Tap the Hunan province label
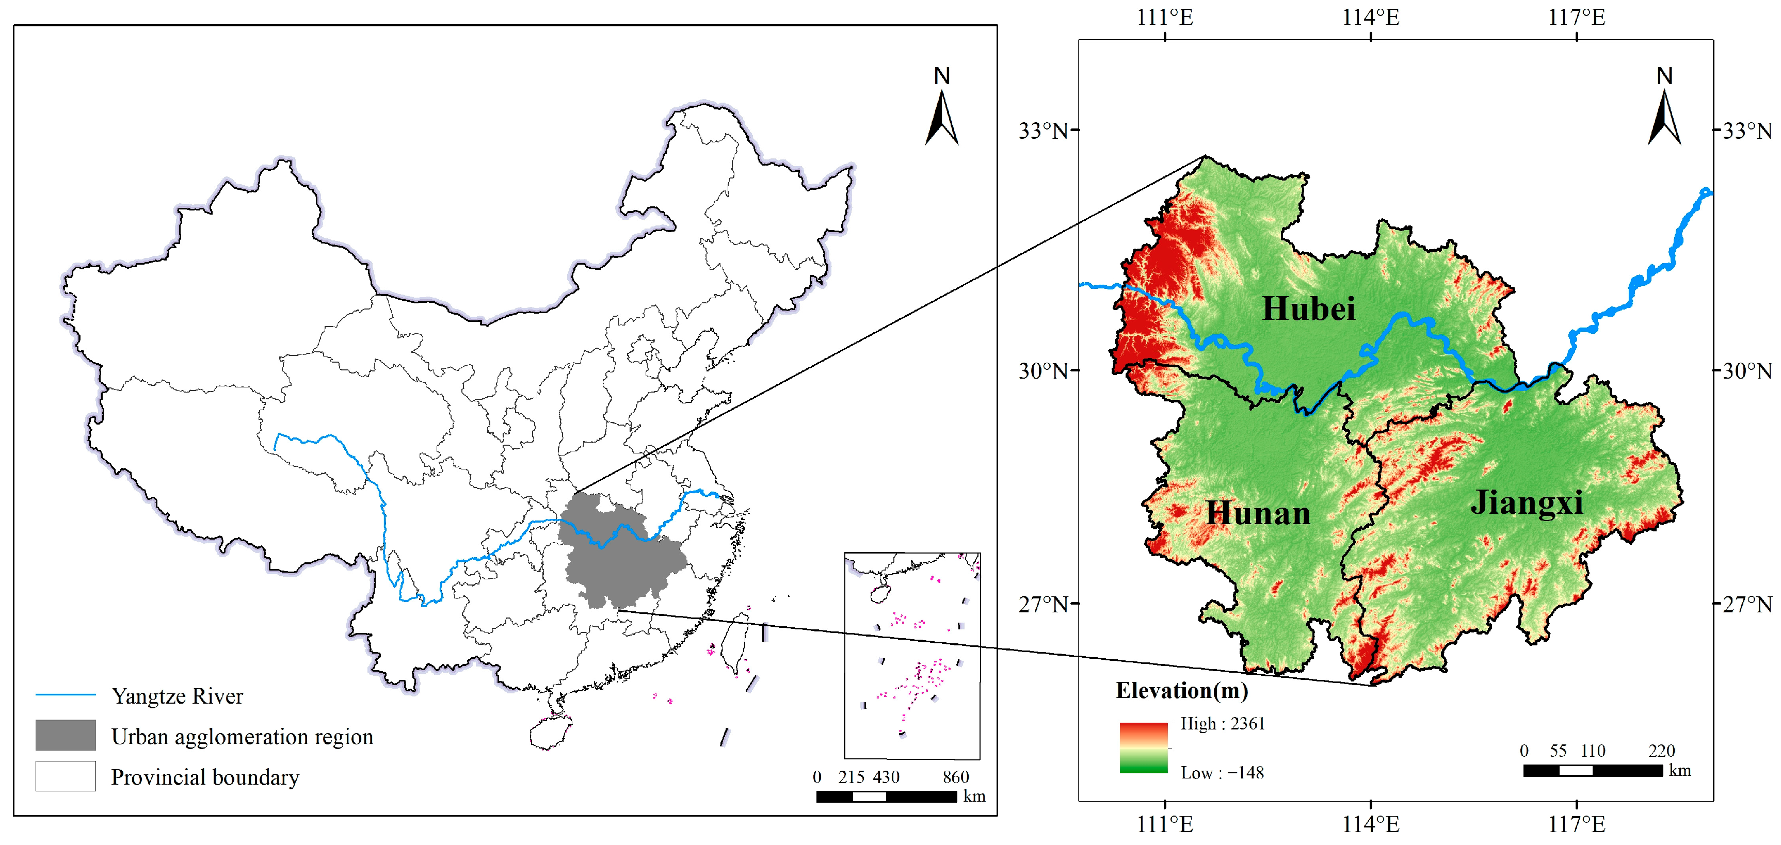[x=1258, y=513]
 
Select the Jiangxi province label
[x=1527, y=502]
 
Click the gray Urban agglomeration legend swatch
[x=66, y=735]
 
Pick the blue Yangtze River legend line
[x=66, y=695]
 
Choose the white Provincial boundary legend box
[x=66, y=776]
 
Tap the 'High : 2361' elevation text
[x=1223, y=723]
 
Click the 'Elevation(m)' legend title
[x=1182, y=690]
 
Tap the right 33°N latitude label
[x=1746, y=131]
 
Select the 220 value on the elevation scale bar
[x=1661, y=751]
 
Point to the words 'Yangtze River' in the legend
[x=178, y=696]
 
